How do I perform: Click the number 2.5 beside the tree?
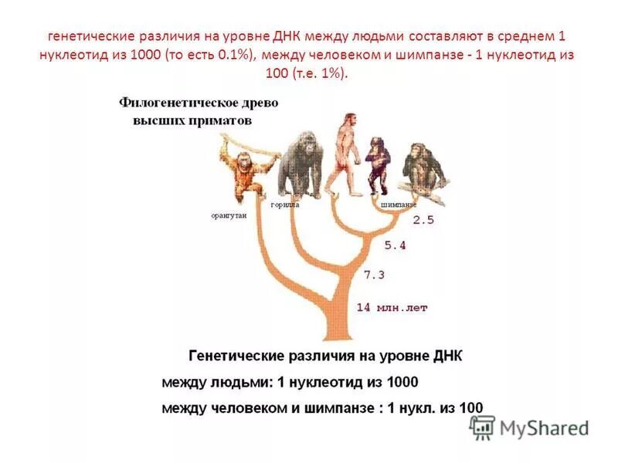pyautogui.click(x=423, y=220)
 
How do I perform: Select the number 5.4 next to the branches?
pyautogui.click(x=395, y=245)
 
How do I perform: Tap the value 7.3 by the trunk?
pyautogui.click(x=374, y=275)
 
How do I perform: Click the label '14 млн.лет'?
pyautogui.click(x=391, y=307)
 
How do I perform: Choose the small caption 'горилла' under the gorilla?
pyautogui.click(x=284, y=205)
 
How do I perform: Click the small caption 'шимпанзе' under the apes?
pyautogui.click(x=399, y=205)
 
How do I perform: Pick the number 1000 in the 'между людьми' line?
pyautogui.click(x=399, y=382)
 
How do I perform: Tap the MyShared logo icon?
pyautogui.click(x=482, y=427)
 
